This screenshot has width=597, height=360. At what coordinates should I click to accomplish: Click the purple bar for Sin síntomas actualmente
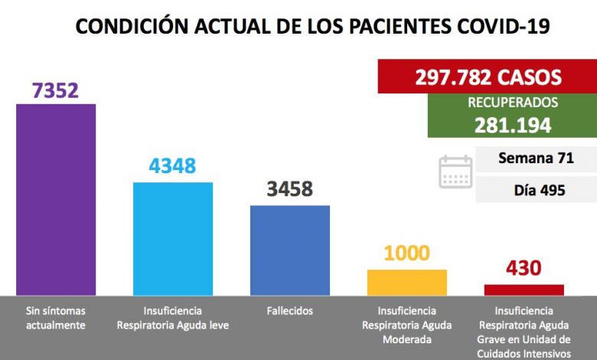[56, 199]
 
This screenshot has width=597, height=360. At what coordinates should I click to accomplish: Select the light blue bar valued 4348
[173, 238]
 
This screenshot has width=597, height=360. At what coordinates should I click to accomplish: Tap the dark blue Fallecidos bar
[289, 250]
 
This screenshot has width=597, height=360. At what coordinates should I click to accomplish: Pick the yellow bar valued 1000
[407, 282]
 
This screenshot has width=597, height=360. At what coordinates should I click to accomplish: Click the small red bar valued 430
[524, 290]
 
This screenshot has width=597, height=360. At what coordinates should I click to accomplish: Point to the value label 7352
[56, 90]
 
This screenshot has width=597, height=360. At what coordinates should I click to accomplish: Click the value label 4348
[173, 165]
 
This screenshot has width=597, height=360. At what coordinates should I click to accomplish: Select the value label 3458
[289, 188]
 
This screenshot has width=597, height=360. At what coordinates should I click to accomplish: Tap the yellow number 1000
[407, 253]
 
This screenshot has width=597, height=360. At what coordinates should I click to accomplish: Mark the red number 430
[524, 268]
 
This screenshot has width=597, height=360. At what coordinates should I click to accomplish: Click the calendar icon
[455, 172]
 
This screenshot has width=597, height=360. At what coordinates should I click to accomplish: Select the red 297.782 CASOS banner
[488, 77]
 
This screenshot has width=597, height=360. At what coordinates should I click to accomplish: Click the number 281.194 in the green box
[512, 125]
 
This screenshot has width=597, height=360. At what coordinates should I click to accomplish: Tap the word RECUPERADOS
[512, 103]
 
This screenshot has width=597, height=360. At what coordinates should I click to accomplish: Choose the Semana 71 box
[535, 159]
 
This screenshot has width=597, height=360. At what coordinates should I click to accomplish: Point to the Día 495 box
[535, 189]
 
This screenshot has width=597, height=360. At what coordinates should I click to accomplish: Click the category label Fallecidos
[289, 311]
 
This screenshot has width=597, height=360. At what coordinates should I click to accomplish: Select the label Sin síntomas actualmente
[56, 318]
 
